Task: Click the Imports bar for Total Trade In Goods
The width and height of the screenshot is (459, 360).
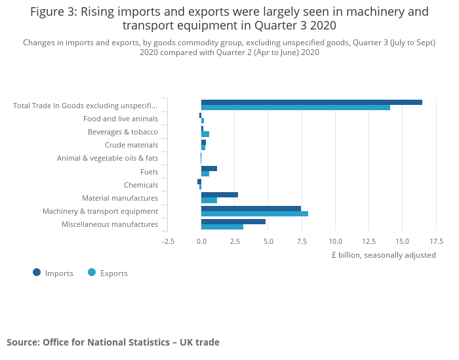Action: pos(311,102)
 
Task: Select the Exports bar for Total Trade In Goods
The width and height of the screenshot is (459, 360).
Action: pos(295,108)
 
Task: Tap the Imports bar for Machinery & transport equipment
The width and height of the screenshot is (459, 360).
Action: pos(250,209)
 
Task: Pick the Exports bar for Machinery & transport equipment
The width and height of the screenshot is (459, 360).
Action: pos(254,214)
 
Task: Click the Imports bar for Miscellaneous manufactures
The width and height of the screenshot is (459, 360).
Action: pos(233,222)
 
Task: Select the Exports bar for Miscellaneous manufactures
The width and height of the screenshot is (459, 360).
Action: pos(222,227)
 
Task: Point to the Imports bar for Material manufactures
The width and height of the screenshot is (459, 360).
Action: pos(219,195)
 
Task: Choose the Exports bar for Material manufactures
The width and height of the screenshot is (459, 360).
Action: pos(209,200)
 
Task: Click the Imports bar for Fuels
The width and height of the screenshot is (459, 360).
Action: pos(209,169)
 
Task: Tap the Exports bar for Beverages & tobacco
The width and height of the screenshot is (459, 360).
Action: pos(205,134)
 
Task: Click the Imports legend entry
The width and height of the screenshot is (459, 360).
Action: pos(53,273)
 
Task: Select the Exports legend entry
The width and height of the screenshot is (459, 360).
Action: pos(108,273)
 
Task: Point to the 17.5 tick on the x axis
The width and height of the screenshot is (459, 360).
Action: pos(435,241)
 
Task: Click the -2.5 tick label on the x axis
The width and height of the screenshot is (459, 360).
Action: pos(168,241)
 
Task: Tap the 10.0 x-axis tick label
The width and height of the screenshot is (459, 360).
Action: pos(335,241)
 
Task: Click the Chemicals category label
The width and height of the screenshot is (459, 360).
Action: pos(140,185)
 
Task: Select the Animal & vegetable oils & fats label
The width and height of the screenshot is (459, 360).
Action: pos(108,158)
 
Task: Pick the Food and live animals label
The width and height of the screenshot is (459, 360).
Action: pos(121,119)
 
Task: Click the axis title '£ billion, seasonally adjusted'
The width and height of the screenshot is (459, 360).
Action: pos(383,255)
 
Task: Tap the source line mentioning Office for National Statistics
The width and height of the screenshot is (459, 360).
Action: pos(113,342)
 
